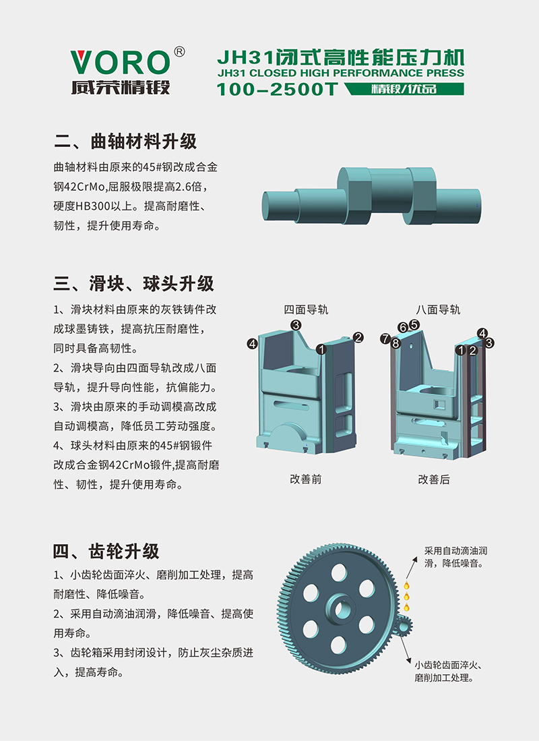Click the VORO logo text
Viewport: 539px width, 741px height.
point(120,63)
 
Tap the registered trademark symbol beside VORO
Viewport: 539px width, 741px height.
point(179,51)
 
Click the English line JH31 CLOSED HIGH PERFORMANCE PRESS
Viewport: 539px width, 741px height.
point(341,73)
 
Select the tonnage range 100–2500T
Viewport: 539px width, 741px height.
point(278,89)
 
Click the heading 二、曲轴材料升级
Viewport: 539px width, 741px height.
point(125,142)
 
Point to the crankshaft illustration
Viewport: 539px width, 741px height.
point(371,196)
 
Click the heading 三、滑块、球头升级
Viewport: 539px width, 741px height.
point(133,284)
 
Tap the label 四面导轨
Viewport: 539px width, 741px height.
point(306,310)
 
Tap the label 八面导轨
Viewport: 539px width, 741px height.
point(438,310)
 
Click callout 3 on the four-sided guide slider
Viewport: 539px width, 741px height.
point(296,325)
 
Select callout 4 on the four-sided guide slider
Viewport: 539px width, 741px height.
point(252,344)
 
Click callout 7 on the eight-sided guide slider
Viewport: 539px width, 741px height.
point(385,338)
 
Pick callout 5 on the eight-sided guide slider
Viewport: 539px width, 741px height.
point(414,324)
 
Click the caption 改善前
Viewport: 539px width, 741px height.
point(306,479)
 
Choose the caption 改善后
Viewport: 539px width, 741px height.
point(434,479)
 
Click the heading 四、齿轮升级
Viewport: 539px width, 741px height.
point(106,551)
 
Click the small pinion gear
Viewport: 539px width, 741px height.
point(404,626)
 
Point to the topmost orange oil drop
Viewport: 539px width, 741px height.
point(406,586)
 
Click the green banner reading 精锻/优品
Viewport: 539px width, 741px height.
point(404,89)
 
